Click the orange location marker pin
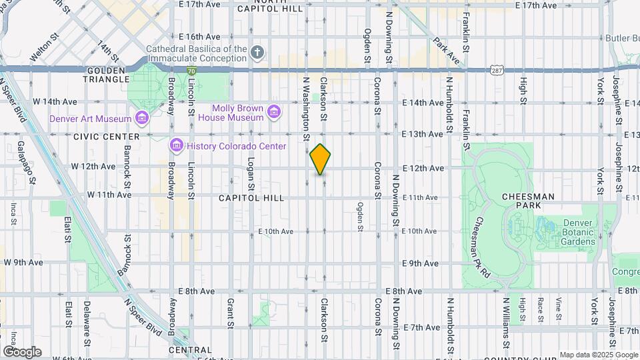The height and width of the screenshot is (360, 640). [x=320, y=159]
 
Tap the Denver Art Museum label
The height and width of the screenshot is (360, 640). [x=91, y=119]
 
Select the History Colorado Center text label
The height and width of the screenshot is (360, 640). [x=236, y=146]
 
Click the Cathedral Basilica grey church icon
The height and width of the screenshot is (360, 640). [x=258, y=52]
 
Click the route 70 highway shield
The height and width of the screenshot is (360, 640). [x=191, y=70]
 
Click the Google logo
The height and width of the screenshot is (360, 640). [x=22, y=351]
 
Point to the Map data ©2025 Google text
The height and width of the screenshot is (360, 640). [x=598, y=355]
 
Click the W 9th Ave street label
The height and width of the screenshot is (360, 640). [x=23, y=263]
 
